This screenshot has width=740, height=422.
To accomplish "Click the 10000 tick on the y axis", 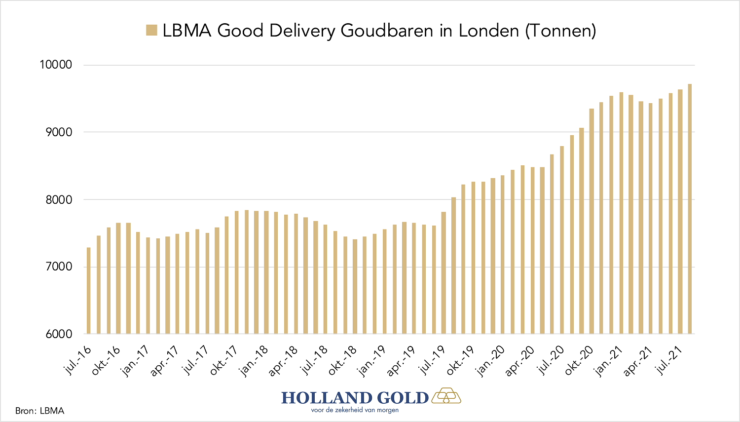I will point(56,65).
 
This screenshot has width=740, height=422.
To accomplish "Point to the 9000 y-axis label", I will point(58,132).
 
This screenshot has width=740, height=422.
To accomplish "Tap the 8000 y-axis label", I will point(58,200).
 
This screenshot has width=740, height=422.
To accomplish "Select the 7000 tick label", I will point(58,267).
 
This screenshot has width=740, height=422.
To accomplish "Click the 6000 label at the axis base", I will point(58,334).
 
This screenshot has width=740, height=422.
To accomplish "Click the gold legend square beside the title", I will point(151,30).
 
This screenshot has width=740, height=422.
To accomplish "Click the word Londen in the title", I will point(488,31).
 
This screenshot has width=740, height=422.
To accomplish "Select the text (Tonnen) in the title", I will point(560,31).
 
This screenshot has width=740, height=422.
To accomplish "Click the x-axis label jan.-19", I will point(372,360).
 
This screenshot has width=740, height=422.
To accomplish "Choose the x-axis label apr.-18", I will point(284,360).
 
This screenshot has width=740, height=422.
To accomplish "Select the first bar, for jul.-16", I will point(89,291).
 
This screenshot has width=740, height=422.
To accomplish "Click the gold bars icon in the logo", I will point(446,396).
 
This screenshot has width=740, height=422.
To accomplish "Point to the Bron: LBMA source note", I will point(39,411).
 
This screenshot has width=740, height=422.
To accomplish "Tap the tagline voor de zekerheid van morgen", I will point(355,410).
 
